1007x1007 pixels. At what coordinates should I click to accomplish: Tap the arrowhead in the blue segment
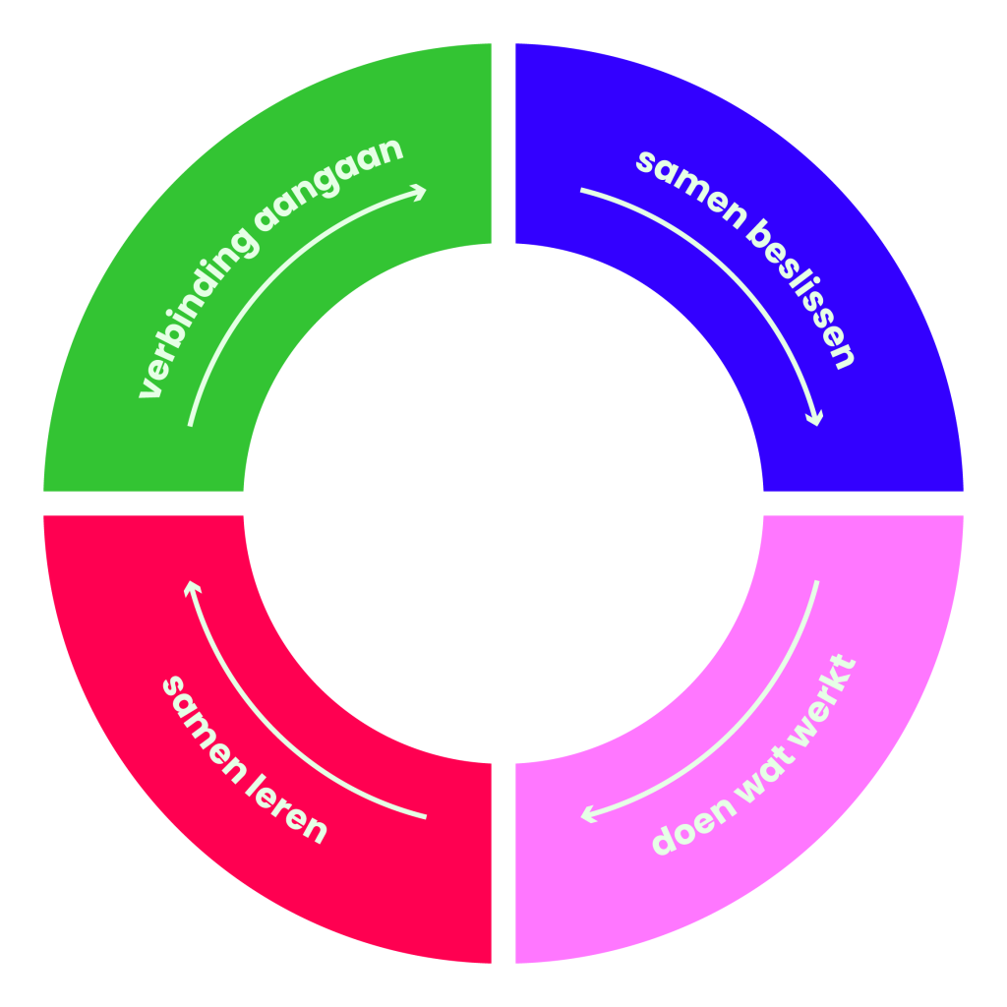coord(814,420)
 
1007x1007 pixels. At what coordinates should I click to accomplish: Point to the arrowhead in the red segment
coord(193,587)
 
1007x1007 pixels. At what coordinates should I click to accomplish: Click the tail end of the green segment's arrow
coord(191,424)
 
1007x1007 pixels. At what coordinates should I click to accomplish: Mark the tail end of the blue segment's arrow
coord(582,190)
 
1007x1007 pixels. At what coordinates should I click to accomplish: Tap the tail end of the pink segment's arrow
coord(816,582)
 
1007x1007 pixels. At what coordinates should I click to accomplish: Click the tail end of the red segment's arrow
coord(425,816)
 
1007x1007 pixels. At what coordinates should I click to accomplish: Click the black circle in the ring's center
coord(503,503)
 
